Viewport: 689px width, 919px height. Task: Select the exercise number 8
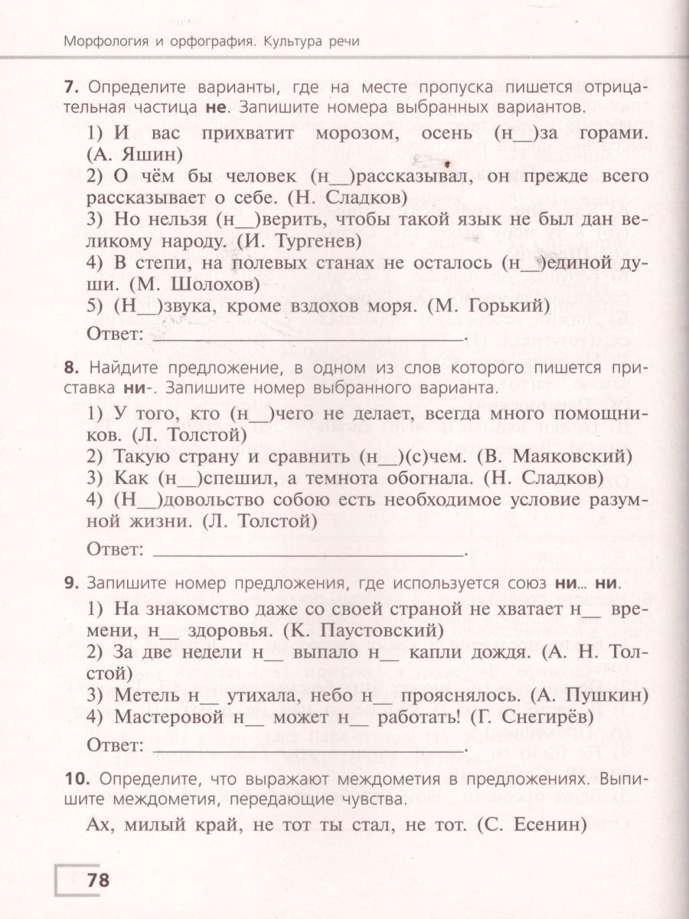(x=71, y=368)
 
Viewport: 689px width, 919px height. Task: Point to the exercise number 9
(x=71, y=584)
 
